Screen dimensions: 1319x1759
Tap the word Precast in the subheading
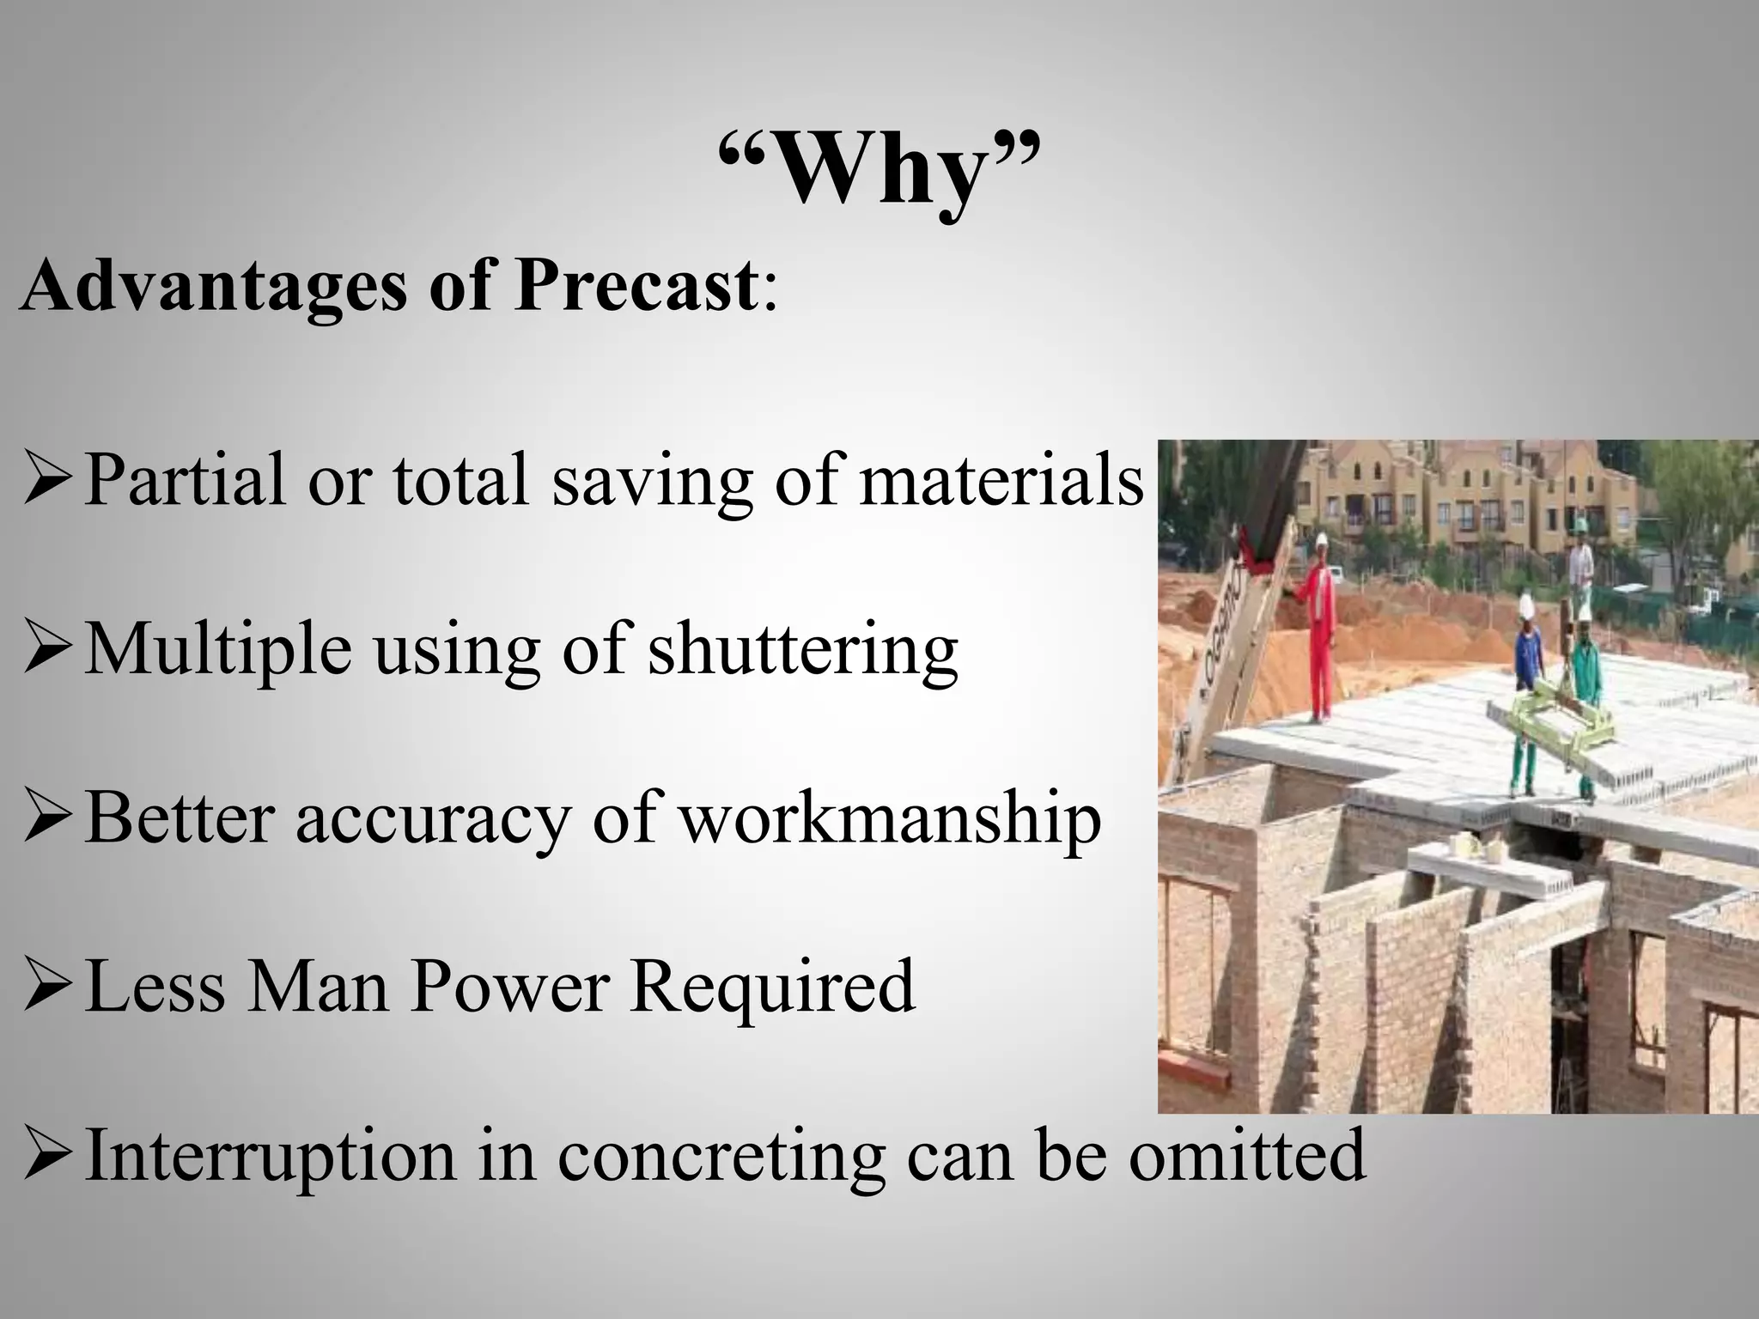coord(636,287)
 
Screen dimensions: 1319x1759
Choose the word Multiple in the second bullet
coord(218,648)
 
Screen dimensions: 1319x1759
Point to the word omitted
coord(1246,1155)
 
